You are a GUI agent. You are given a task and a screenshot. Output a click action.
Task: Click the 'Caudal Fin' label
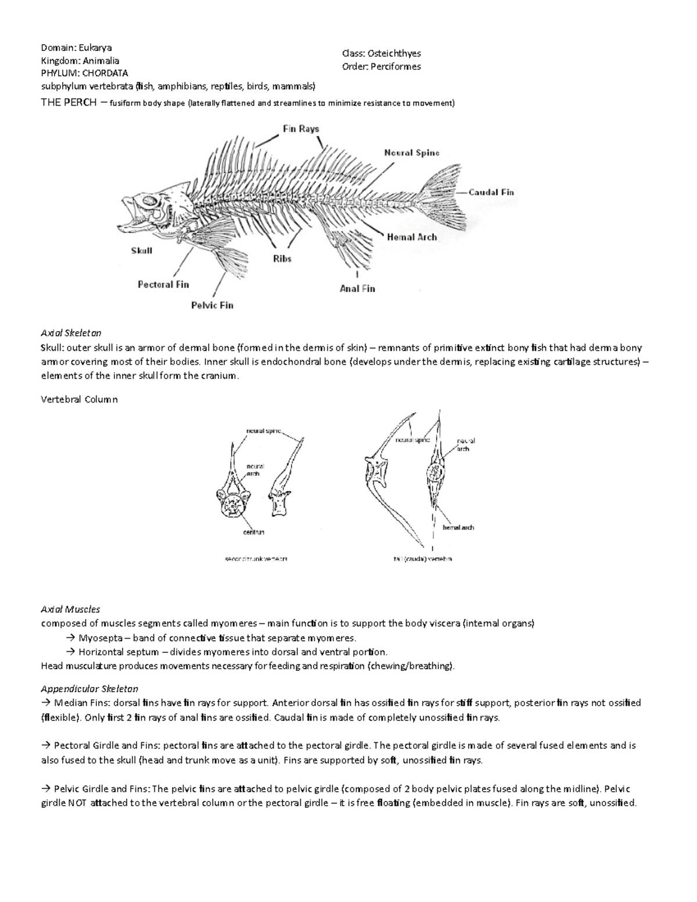(491, 192)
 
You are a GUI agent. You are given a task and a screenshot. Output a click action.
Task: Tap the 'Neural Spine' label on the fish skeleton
(411, 153)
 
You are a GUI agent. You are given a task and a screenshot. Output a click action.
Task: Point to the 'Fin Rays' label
(301, 128)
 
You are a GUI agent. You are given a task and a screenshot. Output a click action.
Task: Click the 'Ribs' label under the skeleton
(282, 258)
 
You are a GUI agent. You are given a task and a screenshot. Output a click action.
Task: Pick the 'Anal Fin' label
(357, 288)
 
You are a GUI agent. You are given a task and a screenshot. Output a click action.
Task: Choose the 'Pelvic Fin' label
(212, 305)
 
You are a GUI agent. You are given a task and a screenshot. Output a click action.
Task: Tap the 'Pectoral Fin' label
(163, 284)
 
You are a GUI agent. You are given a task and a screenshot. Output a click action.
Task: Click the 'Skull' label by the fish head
(142, 250)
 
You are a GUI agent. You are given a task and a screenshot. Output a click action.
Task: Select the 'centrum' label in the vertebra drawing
(253, 531)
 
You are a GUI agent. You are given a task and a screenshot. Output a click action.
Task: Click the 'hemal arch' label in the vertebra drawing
(458, 527)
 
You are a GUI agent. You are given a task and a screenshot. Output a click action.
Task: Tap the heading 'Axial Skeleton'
(71, 333)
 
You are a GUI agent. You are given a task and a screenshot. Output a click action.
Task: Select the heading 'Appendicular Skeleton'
(89, 688)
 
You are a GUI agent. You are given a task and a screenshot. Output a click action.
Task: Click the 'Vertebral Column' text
(79, 399)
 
